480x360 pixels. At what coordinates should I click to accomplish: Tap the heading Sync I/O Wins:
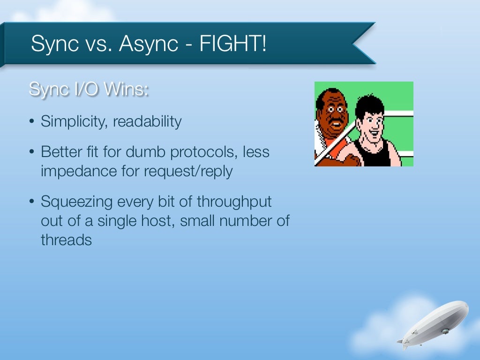point(89,89)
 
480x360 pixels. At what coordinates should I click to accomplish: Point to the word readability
point(147,122)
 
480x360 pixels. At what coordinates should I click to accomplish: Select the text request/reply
point(189,171)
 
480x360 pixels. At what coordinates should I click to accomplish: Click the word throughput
point(234,202)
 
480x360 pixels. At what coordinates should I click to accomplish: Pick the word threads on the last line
point(66,240)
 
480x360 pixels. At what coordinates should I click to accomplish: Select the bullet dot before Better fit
point(31,153)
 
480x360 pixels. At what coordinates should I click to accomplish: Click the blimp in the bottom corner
point(436,323)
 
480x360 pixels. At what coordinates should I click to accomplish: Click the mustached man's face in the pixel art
point(332,115)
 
